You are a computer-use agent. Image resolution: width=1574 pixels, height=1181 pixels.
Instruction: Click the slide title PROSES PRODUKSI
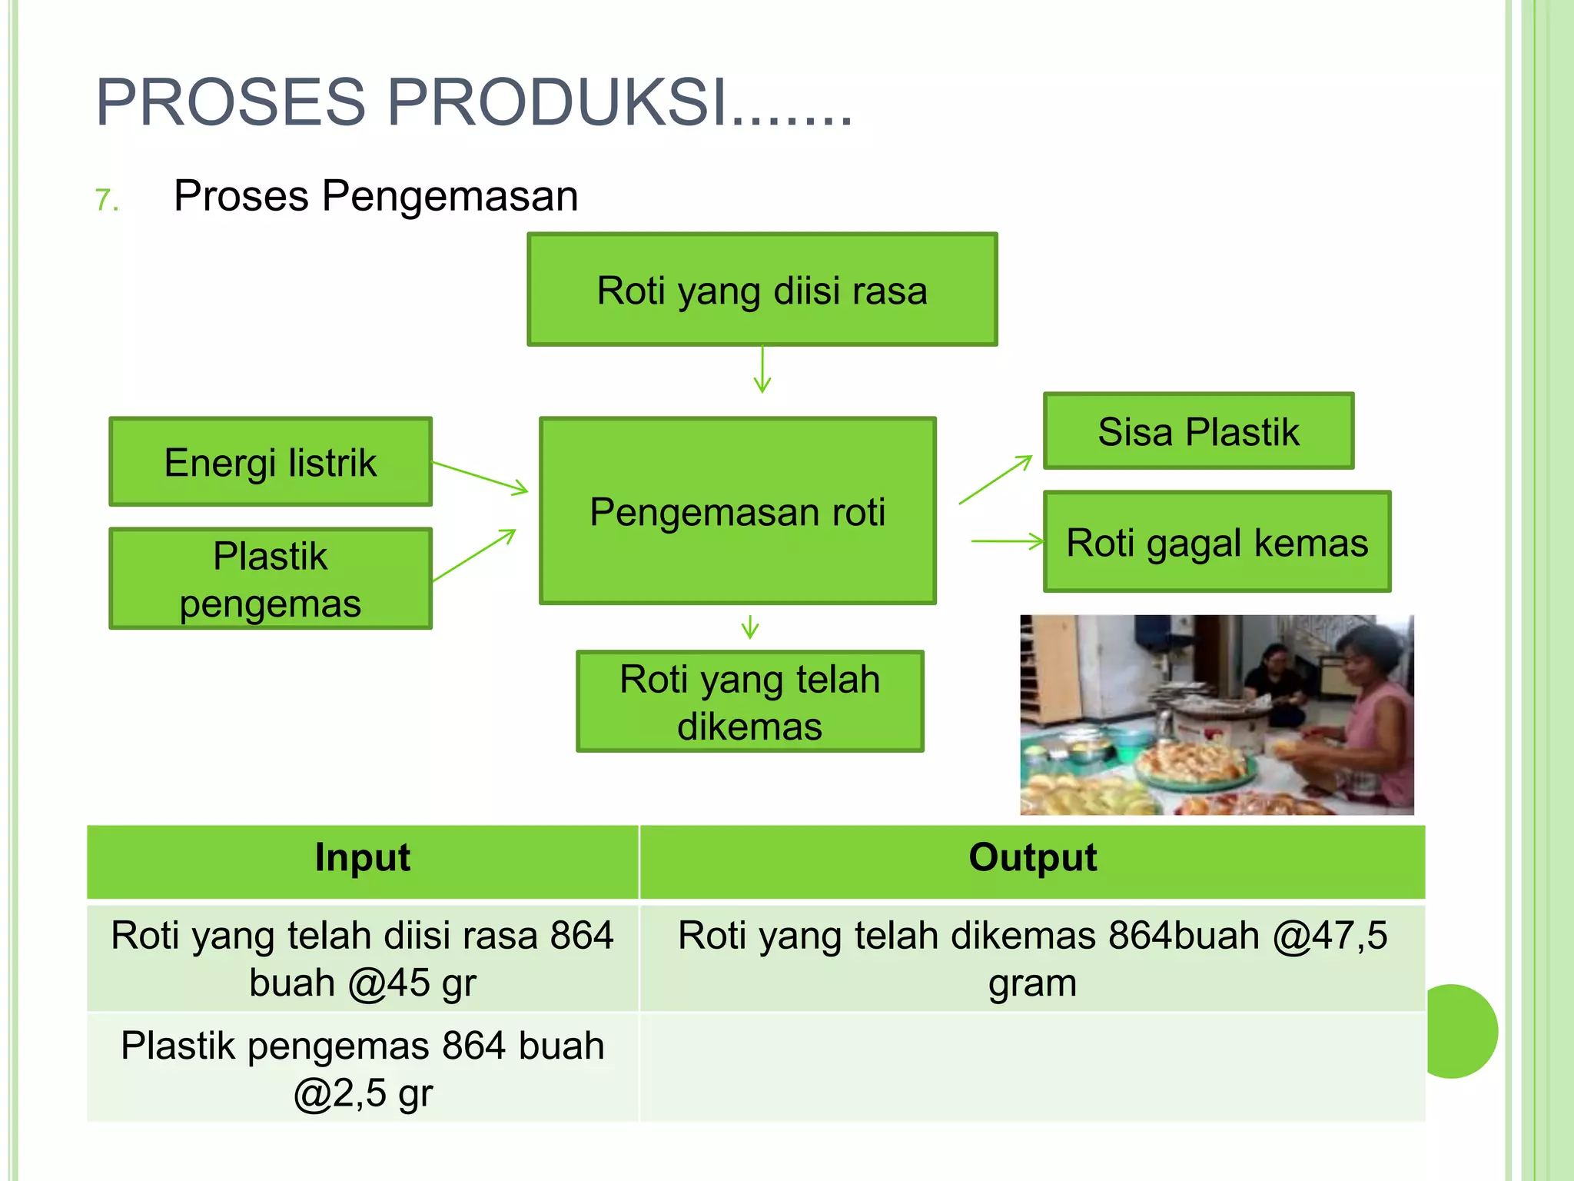473,102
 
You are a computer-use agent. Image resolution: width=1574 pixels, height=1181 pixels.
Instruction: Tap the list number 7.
107,200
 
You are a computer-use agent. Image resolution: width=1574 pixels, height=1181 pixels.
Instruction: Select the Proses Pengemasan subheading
375,195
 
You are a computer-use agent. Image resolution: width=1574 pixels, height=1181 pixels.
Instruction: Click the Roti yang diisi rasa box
762,290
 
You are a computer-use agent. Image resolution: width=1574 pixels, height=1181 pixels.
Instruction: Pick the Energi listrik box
271,462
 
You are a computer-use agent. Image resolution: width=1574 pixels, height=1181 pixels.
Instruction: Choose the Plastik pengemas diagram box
271,579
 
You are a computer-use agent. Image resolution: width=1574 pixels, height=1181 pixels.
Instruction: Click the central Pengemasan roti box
737,511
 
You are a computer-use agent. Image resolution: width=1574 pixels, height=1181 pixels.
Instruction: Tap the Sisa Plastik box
1198,431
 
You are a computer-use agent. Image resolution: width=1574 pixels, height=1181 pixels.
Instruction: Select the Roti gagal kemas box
1217,542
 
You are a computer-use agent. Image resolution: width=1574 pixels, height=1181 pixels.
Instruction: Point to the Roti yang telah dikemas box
749,702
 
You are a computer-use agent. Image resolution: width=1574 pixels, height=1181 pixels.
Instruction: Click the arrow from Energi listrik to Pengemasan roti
480,477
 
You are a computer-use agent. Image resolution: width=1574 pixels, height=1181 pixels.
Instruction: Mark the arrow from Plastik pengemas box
474,555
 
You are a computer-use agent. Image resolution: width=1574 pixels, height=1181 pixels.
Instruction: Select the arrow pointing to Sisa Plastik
995,480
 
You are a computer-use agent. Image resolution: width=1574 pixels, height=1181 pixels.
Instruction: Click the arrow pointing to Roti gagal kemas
1007,541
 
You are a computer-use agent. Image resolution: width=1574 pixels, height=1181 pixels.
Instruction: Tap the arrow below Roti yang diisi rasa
762,370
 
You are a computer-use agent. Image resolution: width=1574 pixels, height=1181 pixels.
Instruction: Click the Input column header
362,857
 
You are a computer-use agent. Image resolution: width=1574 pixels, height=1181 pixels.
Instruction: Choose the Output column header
1032,857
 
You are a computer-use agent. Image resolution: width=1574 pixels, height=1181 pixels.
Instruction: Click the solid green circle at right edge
1456,1031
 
